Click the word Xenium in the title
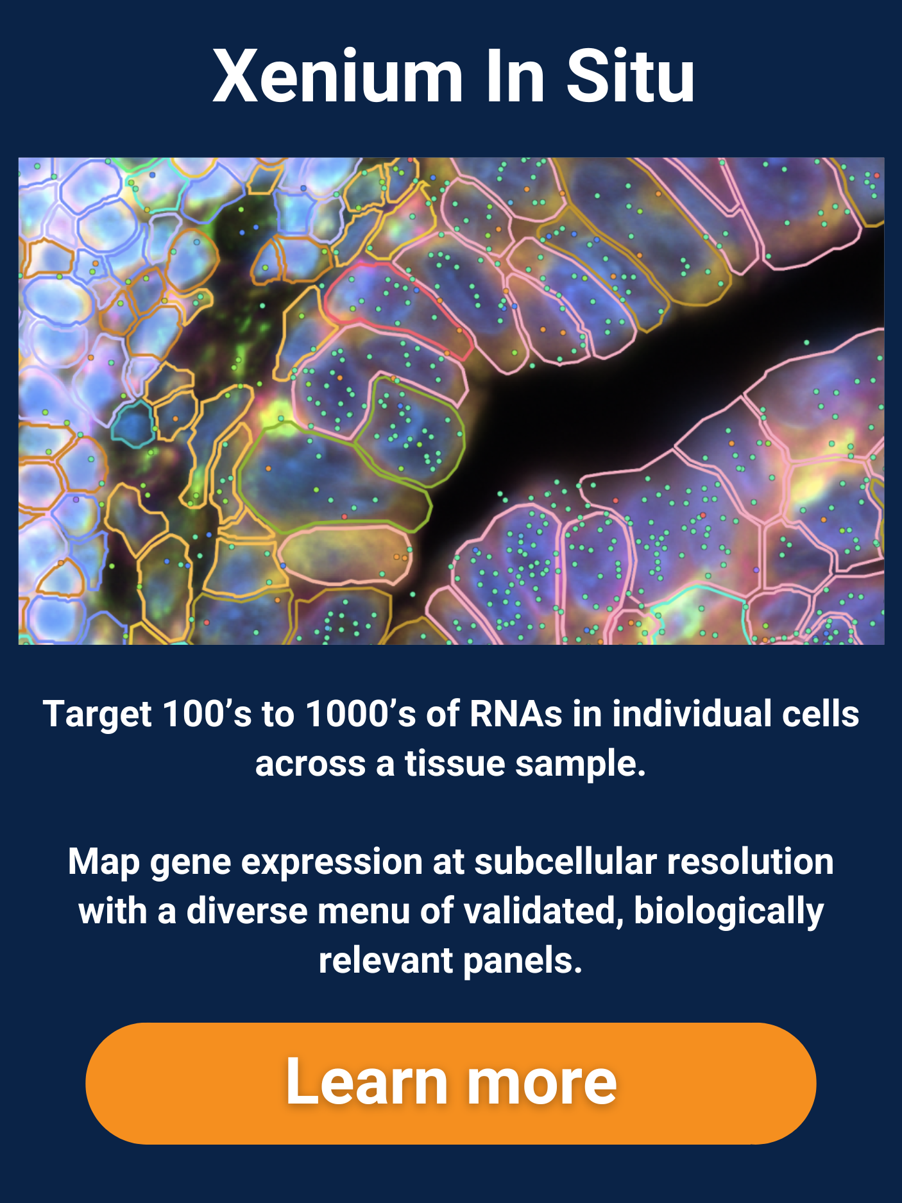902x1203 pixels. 338,76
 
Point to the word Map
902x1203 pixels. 104,862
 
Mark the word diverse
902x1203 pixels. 247,911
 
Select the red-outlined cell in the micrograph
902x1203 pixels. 398,308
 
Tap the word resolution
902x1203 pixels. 751,862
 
